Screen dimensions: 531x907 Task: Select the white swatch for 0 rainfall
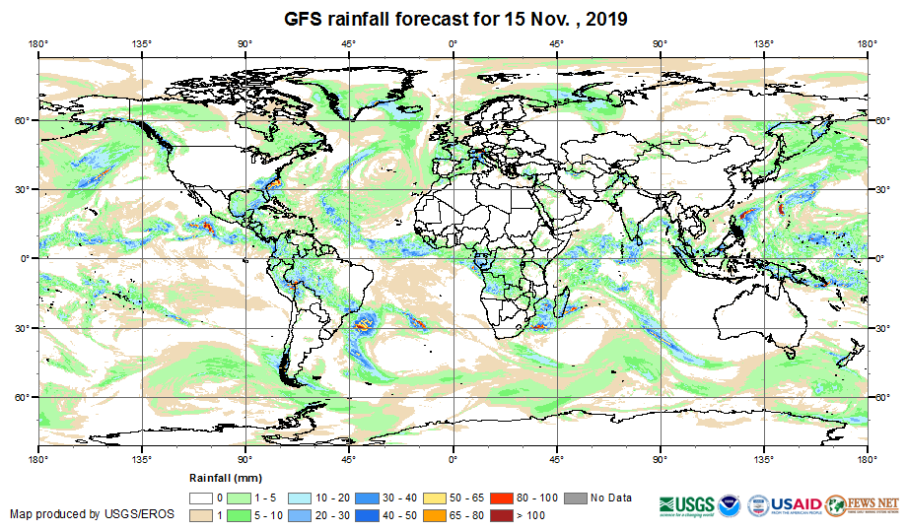click(203, 498)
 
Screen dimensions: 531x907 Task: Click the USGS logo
click(687, 503)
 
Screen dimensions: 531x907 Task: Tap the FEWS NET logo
click(863, 503)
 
